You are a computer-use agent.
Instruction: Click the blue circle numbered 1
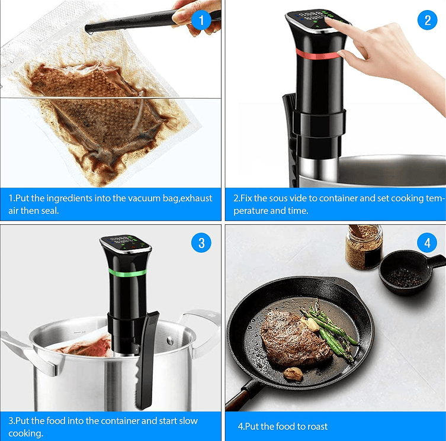[x=201, y=20]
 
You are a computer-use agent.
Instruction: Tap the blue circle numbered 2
[x=427, y=20]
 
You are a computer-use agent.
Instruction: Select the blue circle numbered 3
[x=201, y=243]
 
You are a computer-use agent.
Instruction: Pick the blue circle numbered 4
[x=427, y=243]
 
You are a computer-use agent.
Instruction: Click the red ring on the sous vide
[x=317, y=54]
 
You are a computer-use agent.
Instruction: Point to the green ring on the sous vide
[x=127, y=273]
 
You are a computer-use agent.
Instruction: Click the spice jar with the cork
[x=364, y=247]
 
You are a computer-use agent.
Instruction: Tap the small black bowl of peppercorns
[x=407, y=272]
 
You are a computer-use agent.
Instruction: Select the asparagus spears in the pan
[x=330, y=330]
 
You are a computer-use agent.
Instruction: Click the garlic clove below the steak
[x=294, y=374]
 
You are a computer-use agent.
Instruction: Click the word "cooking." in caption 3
[x=25, y=433]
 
